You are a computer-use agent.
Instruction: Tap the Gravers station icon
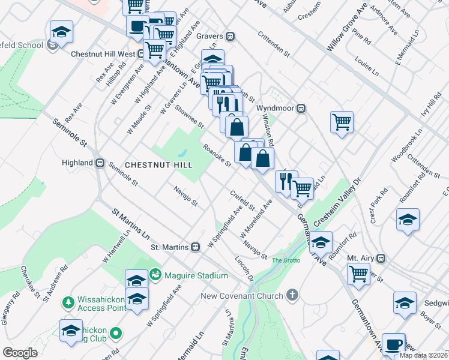pyautogui.click(x=230, y=36)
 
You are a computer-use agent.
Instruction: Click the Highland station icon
pyautogui.click(x=101, y=163)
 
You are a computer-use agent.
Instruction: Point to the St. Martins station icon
pyautogui.click(x=195, y=247)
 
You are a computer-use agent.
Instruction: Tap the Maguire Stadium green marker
pyautogui.click(x=155, y=274)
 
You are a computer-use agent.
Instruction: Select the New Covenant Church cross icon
pyautogui.click(x=292, y=295)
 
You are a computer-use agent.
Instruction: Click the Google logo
pyautogui.click(x=20, y=352)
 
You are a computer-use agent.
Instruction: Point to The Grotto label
pyautogui.click(x=285, y=260)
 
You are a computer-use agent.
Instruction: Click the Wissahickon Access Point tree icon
pyautogui.click(x=68, y=301)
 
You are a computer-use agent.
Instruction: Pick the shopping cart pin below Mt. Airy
pyautogui.click(x=358, y=273)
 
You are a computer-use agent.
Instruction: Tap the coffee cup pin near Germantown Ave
pyautogui.click(x=393, y=344)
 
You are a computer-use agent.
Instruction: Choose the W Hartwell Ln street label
pyautogui.click(x=116, y=248)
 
